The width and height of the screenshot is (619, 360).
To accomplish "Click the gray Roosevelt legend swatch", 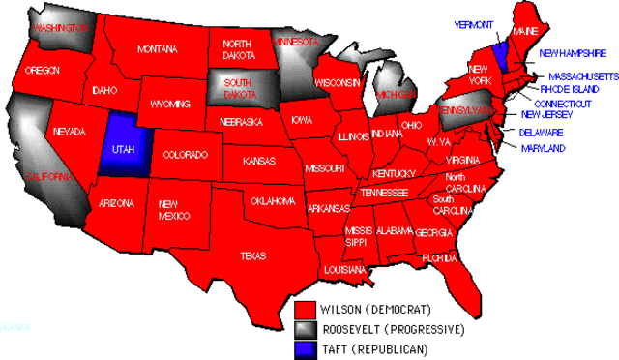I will click(307, 329).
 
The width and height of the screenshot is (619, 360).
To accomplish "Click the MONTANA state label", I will click(157, 49).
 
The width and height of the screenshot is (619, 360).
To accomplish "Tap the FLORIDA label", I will click(439, 258).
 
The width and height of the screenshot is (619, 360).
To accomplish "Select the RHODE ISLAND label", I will click(570, 89).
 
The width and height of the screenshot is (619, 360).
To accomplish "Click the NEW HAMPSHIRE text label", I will click(573, 53).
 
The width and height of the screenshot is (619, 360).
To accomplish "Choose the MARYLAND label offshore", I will click(542, 149).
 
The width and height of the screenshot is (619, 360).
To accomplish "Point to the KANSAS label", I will click(258, 161).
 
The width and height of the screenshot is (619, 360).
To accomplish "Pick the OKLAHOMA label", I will click(273, 201).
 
